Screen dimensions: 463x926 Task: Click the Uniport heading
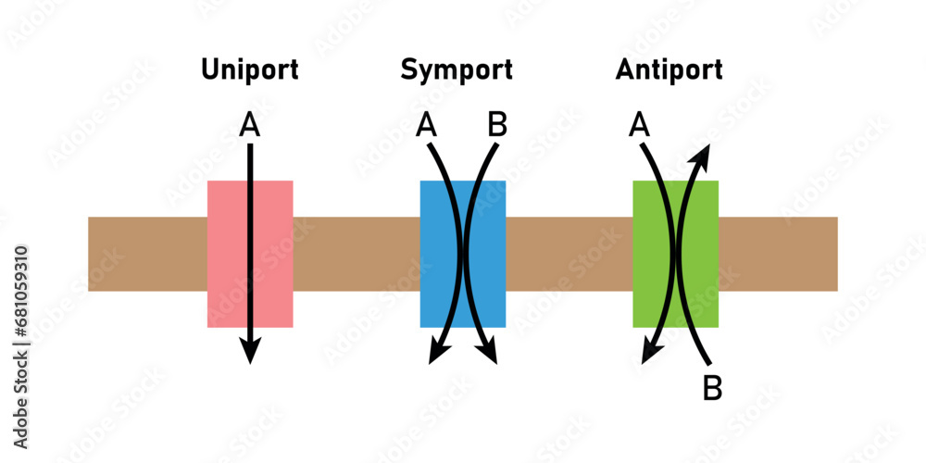250,70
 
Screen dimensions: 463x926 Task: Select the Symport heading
457,70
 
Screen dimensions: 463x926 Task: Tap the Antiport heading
669,70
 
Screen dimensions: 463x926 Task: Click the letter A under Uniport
249,125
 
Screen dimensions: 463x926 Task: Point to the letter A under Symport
427,125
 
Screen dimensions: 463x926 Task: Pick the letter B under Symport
497,125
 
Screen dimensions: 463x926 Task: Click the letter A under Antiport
638,125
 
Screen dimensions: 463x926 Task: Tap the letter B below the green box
712,388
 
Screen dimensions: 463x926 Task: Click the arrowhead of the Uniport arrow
250,350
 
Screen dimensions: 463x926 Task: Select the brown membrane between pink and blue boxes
357,254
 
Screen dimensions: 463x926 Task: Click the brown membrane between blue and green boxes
569,254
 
